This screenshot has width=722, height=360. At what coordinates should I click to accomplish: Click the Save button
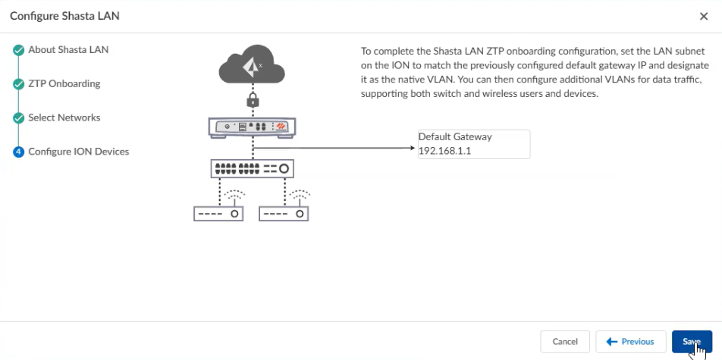pos(691,342)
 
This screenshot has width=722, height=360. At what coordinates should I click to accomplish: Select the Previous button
pos(630,342)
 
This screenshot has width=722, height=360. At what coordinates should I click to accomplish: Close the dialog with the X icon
pos(704,16)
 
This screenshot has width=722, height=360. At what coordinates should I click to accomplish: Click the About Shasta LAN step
pos(68,50)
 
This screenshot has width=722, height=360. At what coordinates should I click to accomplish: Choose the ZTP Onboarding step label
pos(64,83)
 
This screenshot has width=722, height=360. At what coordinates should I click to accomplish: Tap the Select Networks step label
pos(64,117)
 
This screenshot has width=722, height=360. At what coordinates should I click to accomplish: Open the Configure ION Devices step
pos(78,152)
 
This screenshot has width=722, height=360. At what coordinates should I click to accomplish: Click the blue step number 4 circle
pos(18,152)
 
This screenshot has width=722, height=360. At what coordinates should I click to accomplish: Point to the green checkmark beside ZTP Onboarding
pos(18,84)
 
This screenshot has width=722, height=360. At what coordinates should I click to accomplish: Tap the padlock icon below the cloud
pos(253,100)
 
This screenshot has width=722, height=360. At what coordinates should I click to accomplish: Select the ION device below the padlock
pos(252,127)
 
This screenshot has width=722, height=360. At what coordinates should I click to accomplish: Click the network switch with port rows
pos(252,167)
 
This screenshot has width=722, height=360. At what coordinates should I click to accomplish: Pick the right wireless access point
pos(284,213)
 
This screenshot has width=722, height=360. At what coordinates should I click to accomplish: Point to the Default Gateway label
pos(455,137)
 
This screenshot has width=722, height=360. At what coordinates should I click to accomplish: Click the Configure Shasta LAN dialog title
pos(64,16)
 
